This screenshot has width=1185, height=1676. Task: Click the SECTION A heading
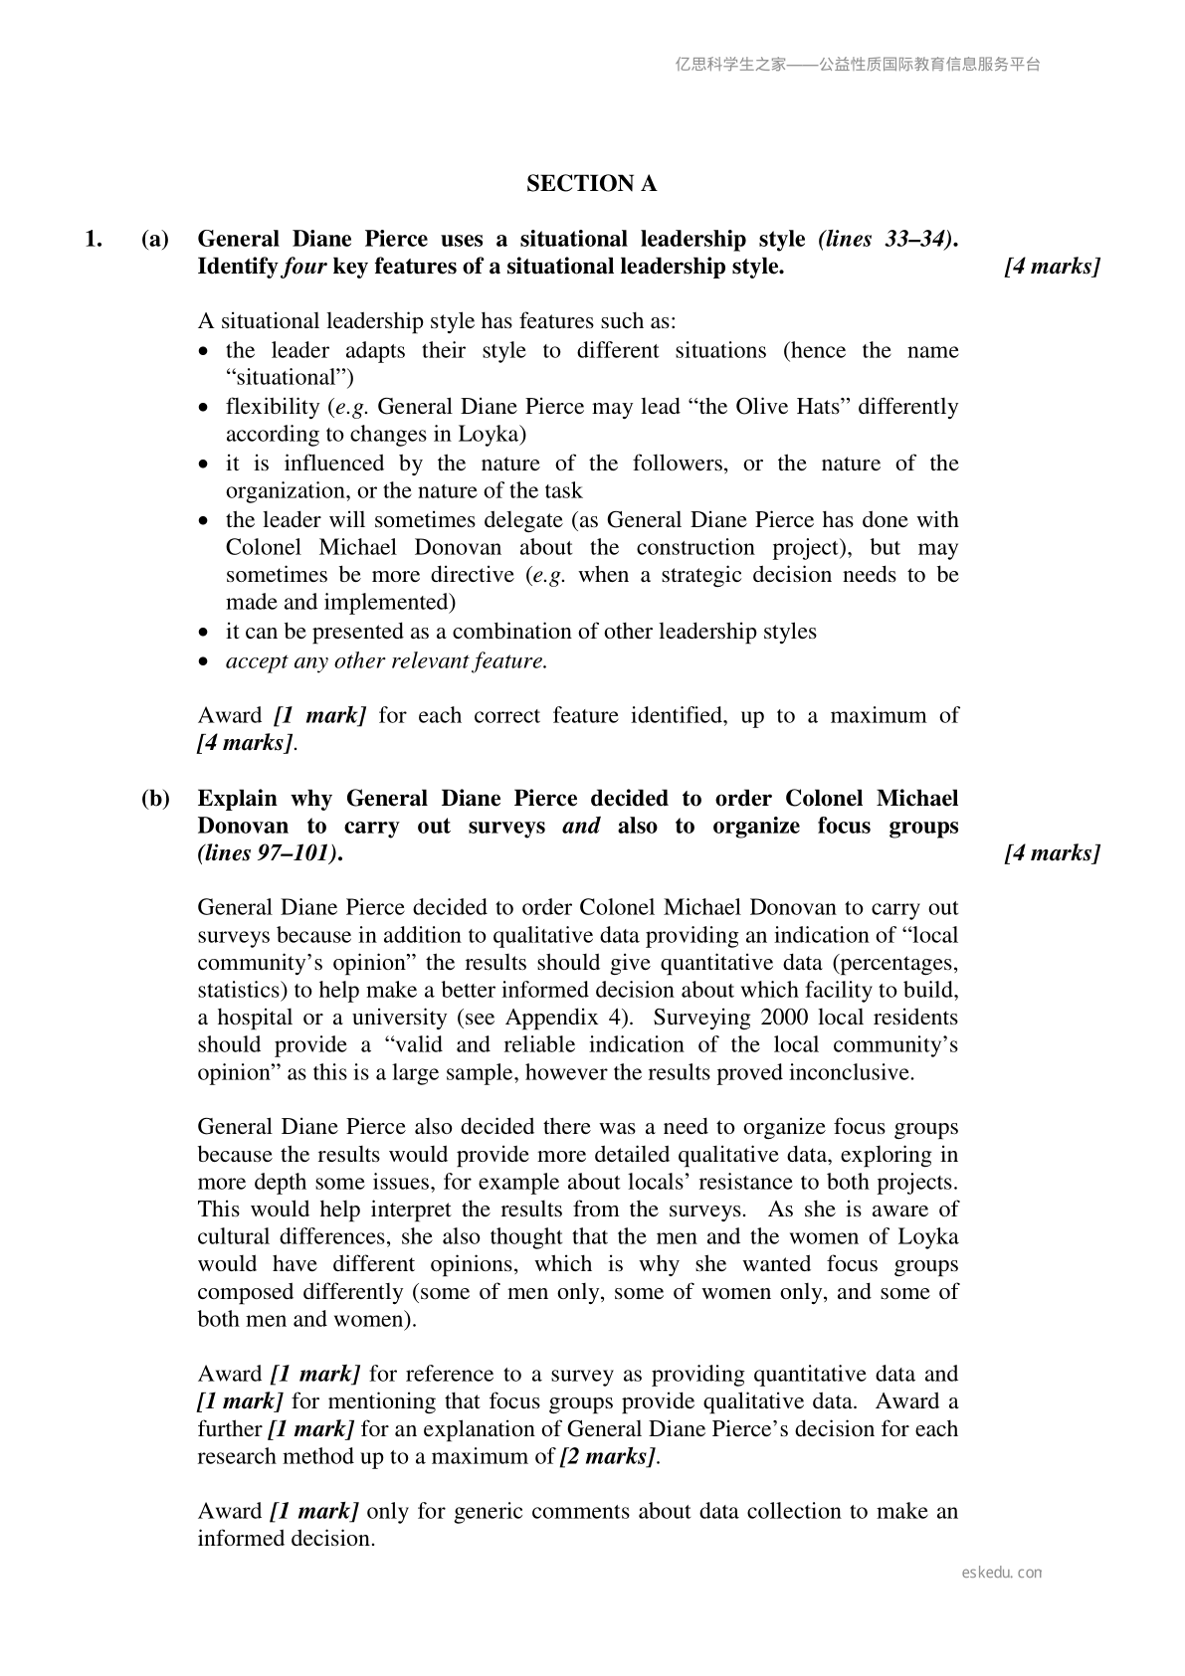click(591, 184)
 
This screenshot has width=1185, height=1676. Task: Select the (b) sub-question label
click(155, 799)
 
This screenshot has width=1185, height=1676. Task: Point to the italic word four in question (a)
click(304, 267)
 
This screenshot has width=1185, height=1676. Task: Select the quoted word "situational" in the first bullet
click(290, 378)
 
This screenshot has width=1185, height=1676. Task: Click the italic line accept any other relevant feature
click(386, 660)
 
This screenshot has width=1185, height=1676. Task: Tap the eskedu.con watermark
click(1002, 1573)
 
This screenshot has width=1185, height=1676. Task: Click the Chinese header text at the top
click(857, 65)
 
